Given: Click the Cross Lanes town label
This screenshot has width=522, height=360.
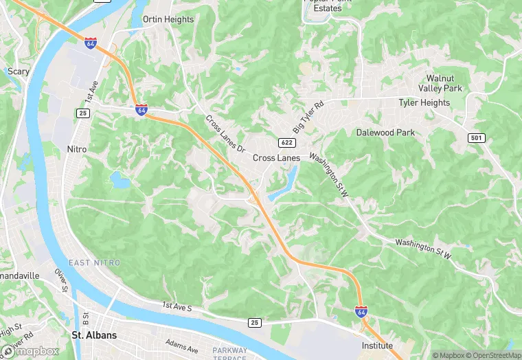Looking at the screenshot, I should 276,158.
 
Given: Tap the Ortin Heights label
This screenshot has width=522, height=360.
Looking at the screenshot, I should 168,19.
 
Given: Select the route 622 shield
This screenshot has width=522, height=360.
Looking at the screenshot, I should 287,142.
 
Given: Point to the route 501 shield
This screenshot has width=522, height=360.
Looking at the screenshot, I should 477,138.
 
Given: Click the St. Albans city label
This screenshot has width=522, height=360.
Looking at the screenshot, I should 94,335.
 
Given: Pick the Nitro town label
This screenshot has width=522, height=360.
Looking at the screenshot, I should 77,148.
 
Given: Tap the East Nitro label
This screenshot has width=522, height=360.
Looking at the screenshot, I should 94,263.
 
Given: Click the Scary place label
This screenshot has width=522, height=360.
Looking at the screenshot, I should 18,71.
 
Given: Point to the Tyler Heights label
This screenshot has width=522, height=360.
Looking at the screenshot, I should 424,103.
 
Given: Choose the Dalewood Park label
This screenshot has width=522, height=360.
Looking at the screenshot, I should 385,132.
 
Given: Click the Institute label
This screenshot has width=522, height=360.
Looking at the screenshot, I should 378,346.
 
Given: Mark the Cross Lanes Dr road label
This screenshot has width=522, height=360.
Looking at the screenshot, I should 225,133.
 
